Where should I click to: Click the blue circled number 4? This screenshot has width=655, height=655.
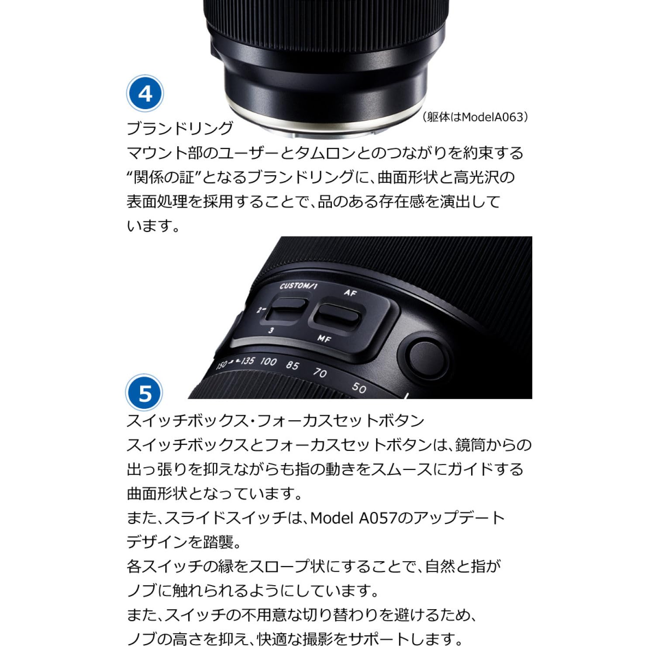(145, 94)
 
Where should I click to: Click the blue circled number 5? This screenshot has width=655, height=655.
(144, 393)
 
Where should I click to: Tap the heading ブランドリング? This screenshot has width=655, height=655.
(180, 128)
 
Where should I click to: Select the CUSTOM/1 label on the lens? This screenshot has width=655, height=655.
(298, 286)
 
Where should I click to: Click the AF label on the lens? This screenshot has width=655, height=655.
(350, 293)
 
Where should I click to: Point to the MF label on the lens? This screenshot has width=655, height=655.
(324, 338)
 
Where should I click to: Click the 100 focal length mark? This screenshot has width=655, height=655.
(269, 361)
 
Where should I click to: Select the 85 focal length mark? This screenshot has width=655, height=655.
(293, 365)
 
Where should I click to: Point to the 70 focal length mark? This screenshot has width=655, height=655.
(320, 372)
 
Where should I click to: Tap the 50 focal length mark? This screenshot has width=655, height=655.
(359, 387)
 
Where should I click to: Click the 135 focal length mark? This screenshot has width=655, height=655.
(247, 361)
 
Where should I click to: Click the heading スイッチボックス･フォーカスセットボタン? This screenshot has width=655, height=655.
(275, 421)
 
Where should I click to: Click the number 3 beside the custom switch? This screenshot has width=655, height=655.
(271, 331)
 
